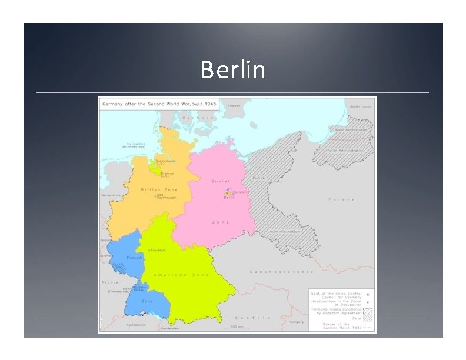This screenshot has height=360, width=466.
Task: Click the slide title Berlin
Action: click(x=233, y=70)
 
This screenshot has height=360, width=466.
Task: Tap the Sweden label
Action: click(x=234, y=106)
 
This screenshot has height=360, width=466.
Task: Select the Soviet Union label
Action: click(x=360, y=107)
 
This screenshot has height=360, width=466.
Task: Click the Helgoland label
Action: click(x=134, y=144)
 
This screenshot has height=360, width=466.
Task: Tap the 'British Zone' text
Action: click(x=159, y=189)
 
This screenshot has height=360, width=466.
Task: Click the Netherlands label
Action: click(x=111, y=195)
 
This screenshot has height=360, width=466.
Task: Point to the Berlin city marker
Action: click(x=227, y=192)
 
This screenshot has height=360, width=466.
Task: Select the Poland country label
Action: click(x=341, y=199)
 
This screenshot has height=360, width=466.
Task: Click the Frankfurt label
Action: click(x=158, y=250)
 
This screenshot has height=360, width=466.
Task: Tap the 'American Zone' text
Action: click(x=179, y=275)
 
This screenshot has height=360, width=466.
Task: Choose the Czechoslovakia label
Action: click(x=282, y=272)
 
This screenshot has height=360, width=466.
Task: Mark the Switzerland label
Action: click(x=138, y=324)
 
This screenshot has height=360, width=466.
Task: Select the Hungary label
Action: click(x=296, y=322)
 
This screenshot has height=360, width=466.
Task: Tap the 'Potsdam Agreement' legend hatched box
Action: click(x=368, y=311)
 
